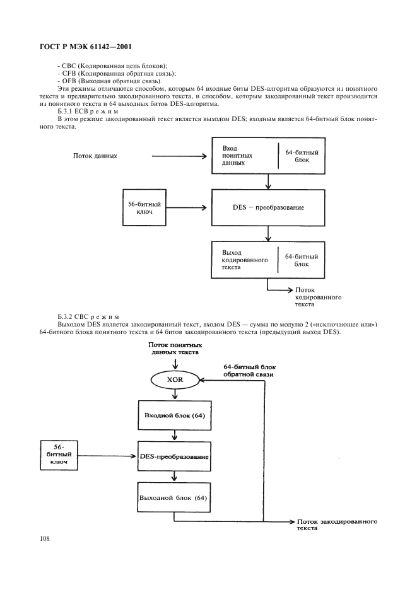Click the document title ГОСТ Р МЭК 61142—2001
85,47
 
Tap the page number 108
44,539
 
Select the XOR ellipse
175,380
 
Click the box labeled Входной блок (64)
174,415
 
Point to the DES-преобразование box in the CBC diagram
174,456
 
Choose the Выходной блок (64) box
173,498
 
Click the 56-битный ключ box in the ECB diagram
144,208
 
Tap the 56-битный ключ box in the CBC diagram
59,455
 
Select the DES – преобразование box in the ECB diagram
268,208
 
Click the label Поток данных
95,156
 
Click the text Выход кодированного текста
245,260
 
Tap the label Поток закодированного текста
337,524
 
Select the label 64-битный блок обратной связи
249,371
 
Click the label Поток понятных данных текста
175,349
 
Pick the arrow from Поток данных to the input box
179,156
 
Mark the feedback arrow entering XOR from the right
231,381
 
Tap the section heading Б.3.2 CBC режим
88,317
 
